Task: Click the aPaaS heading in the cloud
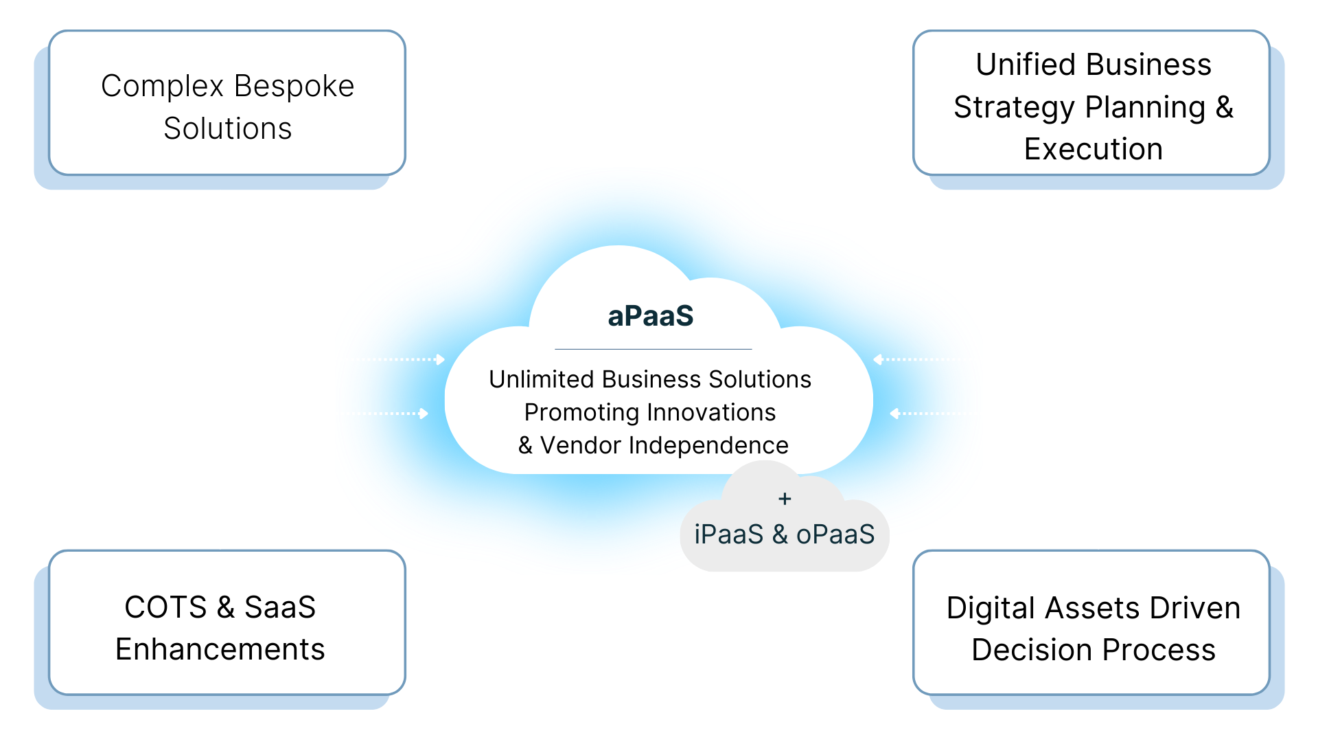tap(651, 316)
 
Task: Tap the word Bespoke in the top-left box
tap(294, 87)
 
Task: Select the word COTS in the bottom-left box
tap(165, 607)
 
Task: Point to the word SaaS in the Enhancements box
tap(280, 607)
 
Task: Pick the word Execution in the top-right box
tap(1094, 149)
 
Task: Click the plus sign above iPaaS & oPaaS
tap(785, 499)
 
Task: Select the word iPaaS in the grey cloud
tap(728, 535)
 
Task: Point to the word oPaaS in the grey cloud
tap(835, 535)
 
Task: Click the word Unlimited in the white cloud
tap(542, 379)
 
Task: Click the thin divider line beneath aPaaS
tap(653, 349)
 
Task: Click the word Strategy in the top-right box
tap(999, 107)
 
